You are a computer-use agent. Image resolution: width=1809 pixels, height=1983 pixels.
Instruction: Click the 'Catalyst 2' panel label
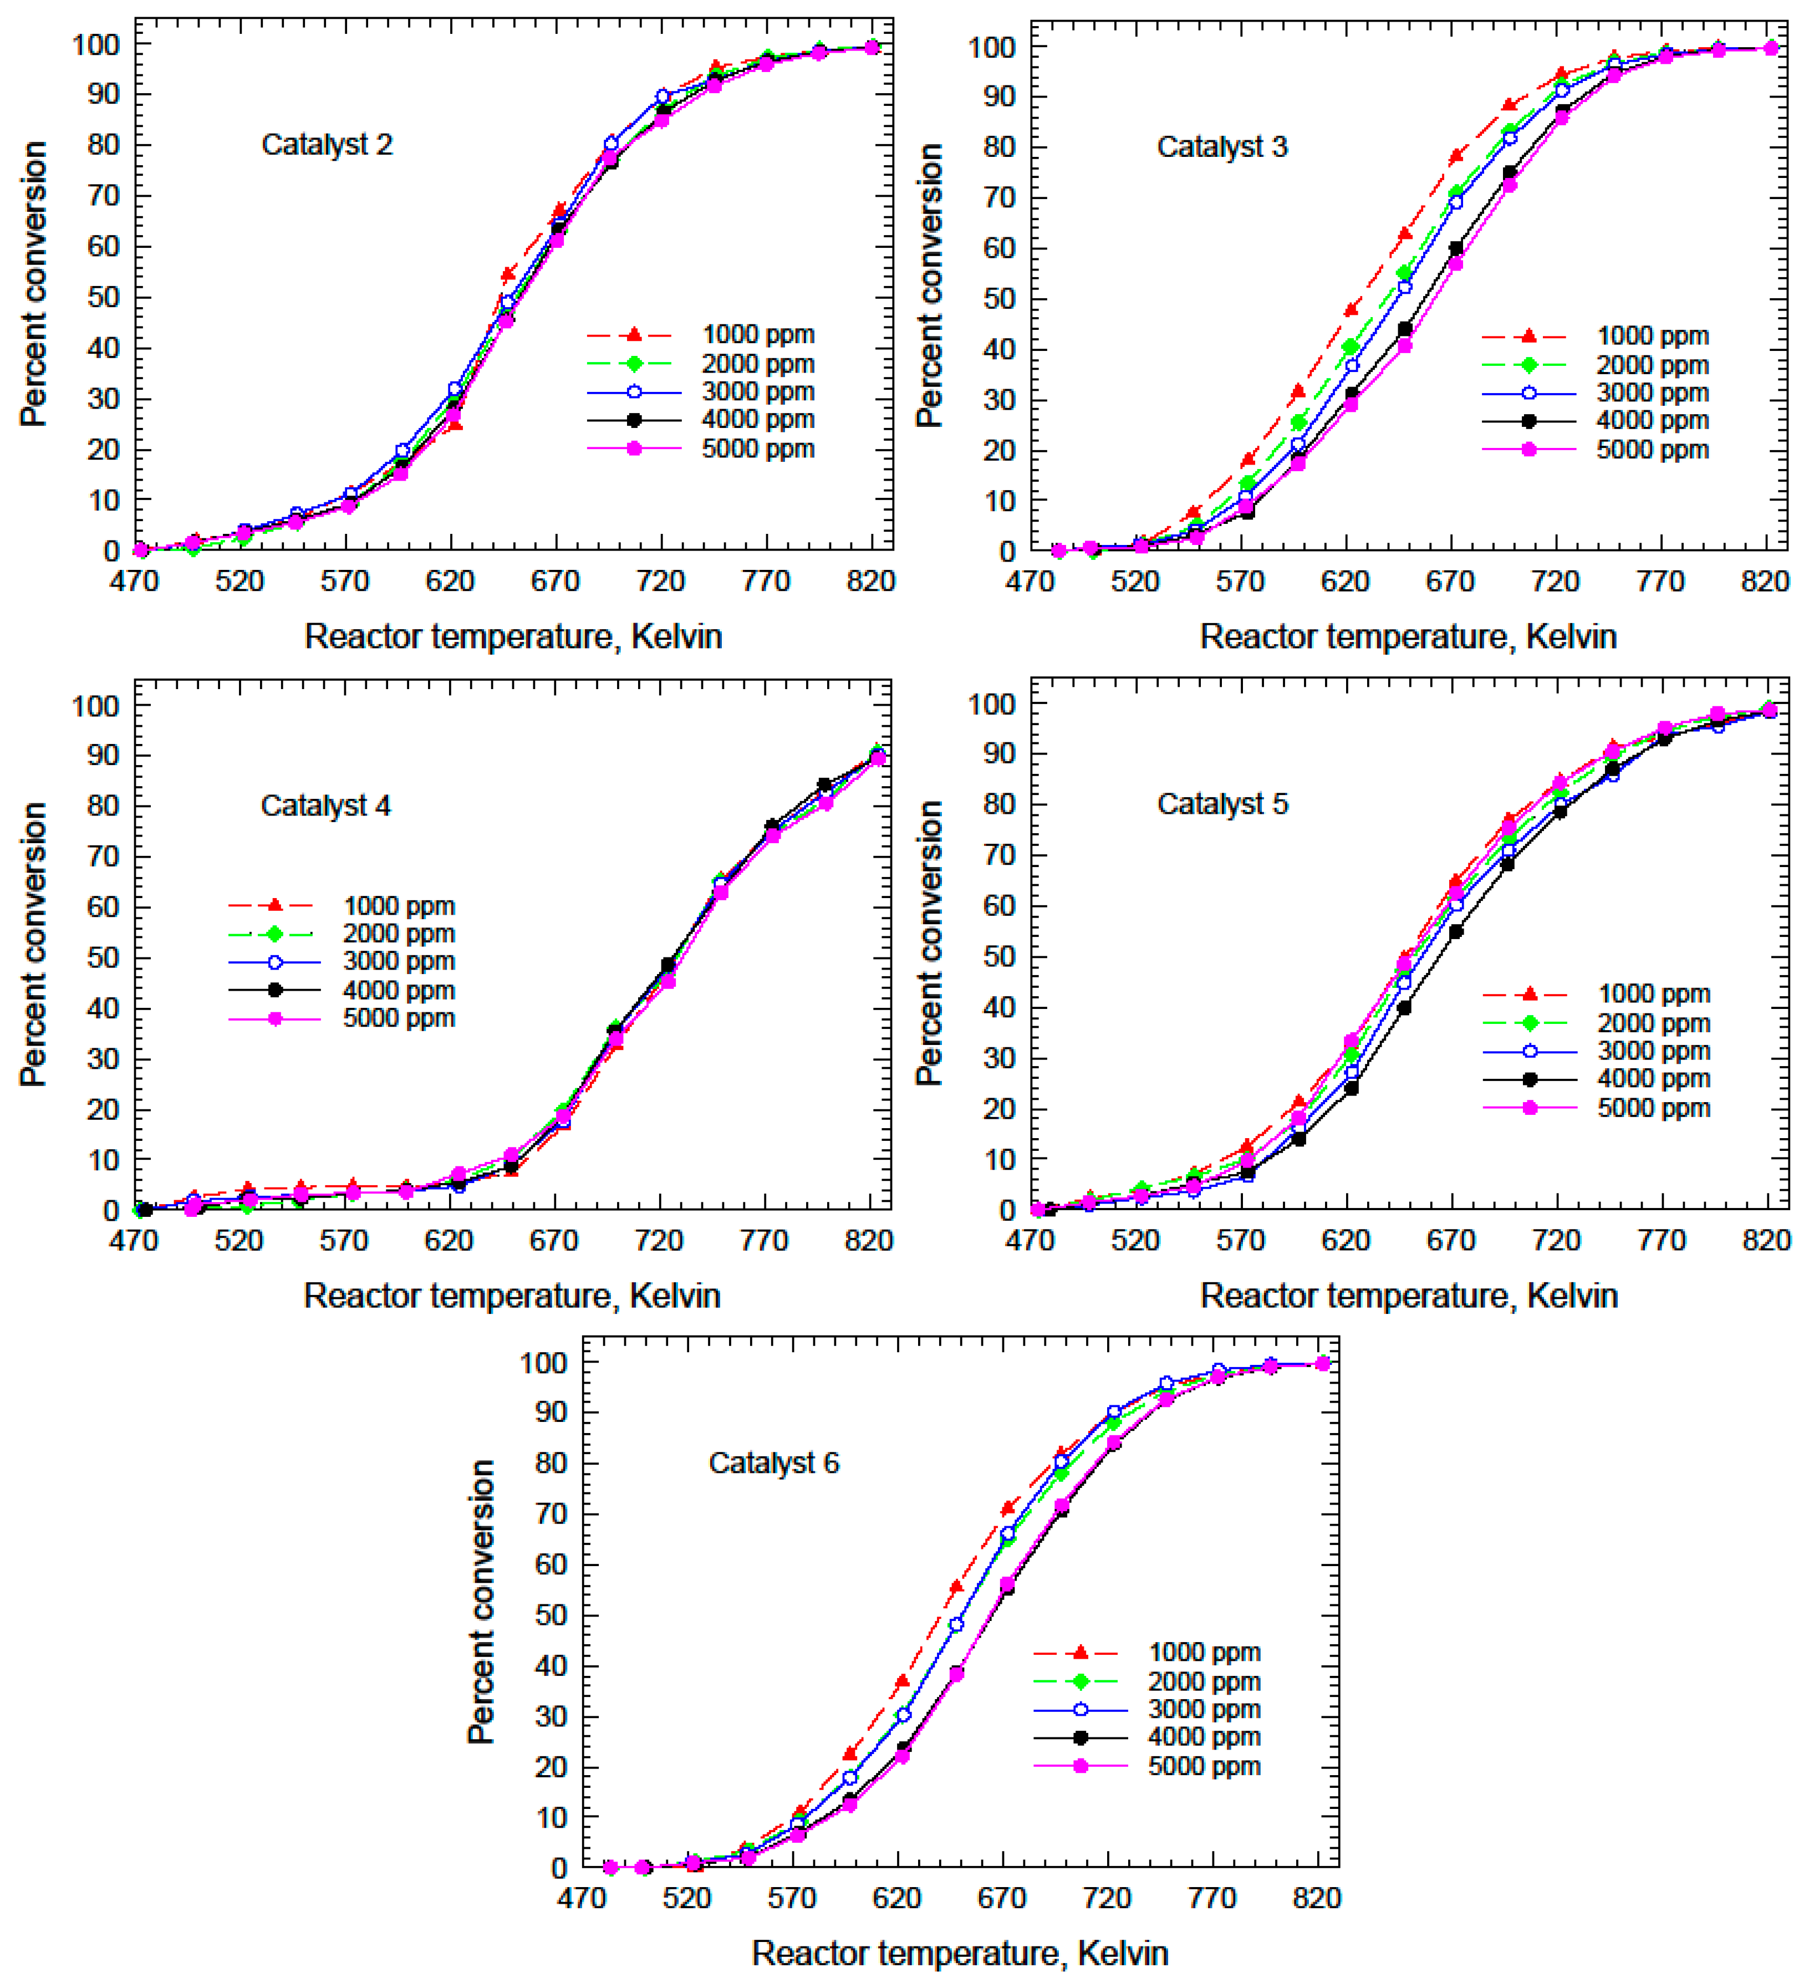pyautogui.click(x=327, y=145)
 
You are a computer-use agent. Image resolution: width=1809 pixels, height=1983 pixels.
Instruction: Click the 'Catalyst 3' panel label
pyautogui.click(x=1222, y=146)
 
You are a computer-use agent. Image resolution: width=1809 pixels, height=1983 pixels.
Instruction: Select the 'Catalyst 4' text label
pyautogui.click(x=325, y=806)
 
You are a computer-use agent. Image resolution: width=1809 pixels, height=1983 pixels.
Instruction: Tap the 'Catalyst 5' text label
pyautogui.click(x=1222, y=804)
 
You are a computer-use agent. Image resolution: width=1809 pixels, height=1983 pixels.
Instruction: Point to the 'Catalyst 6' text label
pyautogui.click(x=773, y=1462)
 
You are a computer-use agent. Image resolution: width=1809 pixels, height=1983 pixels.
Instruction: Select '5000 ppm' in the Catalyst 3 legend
pyautogui.click(x=1653, y=450)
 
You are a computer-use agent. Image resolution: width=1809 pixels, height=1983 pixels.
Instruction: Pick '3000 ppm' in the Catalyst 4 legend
pyautogui.click(x=399, y=961)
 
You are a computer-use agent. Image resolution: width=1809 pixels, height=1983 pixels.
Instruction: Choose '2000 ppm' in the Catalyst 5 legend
pyautogui.click(x=1654, y=1023)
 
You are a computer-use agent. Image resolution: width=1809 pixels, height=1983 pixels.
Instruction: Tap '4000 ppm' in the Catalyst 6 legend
pyautogui.click(x=1204, y=1736)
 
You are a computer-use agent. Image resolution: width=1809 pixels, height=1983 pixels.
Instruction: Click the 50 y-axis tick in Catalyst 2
pyautogui.click(x=103, y=297)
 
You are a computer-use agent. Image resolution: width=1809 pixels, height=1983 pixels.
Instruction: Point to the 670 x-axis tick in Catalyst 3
pyautogui.click(x=1450, y=582)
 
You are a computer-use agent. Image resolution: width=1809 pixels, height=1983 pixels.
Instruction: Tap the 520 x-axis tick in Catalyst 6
pyautogui.click(x=686, y=1898)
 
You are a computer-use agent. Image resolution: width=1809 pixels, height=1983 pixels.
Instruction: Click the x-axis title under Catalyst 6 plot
pyautogui.click(x=960, y=1953)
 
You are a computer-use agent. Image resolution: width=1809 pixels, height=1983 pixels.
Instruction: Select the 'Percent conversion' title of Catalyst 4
pyautogui.click(x=33, y=944)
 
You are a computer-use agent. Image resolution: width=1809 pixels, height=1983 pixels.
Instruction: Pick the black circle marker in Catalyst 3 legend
pyautogui.click(x=1528, y=421)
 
